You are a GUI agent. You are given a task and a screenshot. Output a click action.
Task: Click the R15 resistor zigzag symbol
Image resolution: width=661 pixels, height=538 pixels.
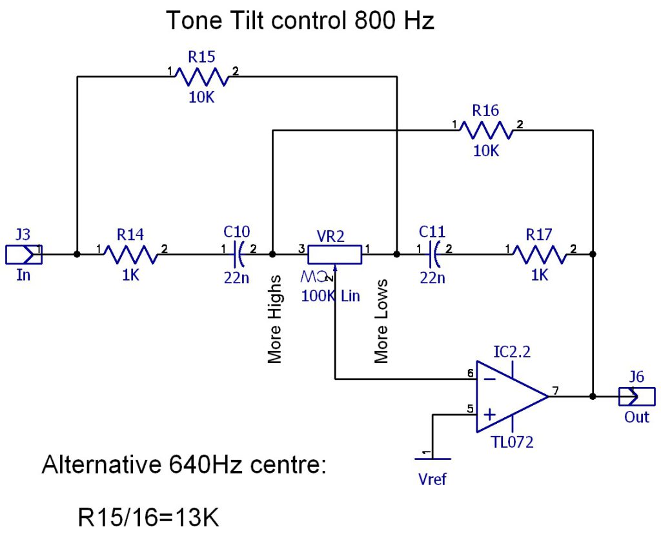[202, 77]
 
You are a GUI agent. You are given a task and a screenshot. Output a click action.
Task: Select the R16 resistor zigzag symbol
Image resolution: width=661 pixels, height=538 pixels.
[486, 130]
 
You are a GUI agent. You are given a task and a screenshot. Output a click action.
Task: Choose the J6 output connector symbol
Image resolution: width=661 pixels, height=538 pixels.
[636, 396]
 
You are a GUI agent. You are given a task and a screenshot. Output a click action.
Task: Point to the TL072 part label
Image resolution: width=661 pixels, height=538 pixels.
[513, 442]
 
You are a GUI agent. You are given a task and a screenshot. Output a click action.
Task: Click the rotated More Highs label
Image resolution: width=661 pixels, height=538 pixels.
[275, 319]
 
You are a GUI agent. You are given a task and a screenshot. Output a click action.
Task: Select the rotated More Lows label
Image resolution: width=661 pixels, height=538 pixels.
[381, 321]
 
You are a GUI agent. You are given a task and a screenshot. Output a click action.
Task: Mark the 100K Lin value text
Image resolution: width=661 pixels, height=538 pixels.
[330, 297]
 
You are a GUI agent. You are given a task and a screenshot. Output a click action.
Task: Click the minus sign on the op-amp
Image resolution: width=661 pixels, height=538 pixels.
[490, 379]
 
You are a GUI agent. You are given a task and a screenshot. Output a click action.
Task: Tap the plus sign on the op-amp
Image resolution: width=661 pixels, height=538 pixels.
[490, 414]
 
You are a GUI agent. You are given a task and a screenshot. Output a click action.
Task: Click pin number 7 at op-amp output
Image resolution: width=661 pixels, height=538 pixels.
[556, 390]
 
